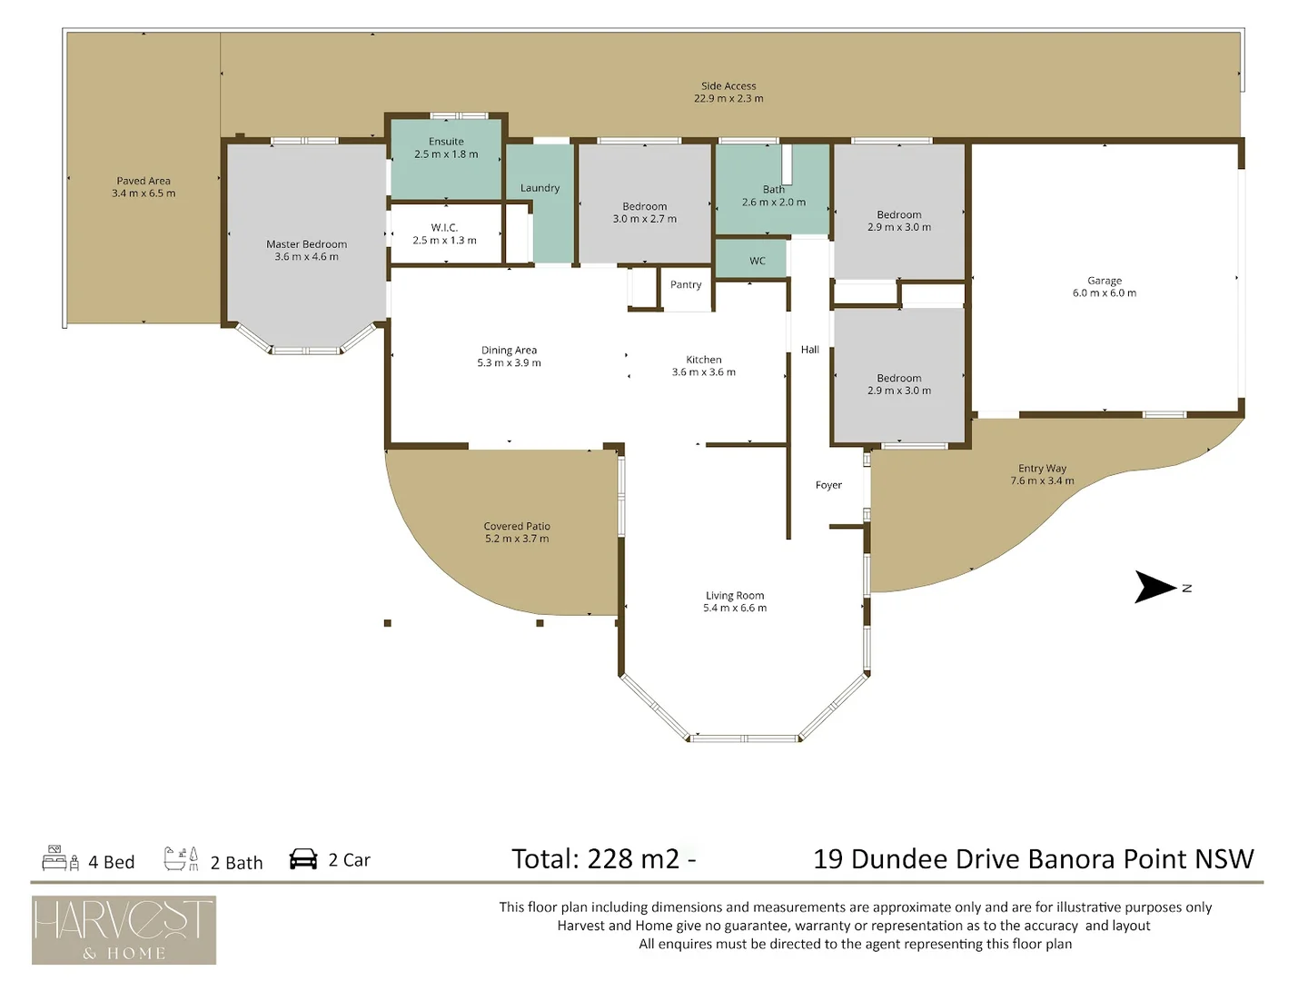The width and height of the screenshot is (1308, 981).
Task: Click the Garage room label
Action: click(x=1104, y=281)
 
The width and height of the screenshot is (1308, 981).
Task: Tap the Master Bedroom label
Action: click(x=306, y=244)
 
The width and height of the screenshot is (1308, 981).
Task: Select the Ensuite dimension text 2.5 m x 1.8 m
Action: click(x=446, y=154)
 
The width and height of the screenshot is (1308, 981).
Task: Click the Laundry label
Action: click(x=540, y=188)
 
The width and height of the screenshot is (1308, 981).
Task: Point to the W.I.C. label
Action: click(x=444, y=228)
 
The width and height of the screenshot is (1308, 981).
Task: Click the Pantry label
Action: click(x=686, y=284)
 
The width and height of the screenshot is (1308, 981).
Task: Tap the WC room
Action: click(x=757, y=261)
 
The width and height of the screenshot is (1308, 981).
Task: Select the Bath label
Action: click(x=773, y=190)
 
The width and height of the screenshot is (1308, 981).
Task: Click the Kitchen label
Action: click(x=704, y=360)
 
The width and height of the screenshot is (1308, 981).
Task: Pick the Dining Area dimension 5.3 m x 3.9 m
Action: click(x=509, y=363)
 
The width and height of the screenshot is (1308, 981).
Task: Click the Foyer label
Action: click(x=828, y=485)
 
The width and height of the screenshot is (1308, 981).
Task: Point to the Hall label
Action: click(x=810, y=350)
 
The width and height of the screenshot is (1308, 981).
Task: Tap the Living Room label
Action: click(x=735, y=596)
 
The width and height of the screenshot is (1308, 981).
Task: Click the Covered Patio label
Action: click(x=517, y=526)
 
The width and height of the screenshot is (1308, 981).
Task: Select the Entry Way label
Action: click(x=1042, y=469)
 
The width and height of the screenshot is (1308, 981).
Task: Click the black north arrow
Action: click(x=1154, y=587)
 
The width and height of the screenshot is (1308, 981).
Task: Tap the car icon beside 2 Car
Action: click(x=303, y=859)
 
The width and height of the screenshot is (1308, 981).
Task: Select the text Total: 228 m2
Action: click(x=595, y=859)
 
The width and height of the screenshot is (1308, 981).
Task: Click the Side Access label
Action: click(x=728, y=86)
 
